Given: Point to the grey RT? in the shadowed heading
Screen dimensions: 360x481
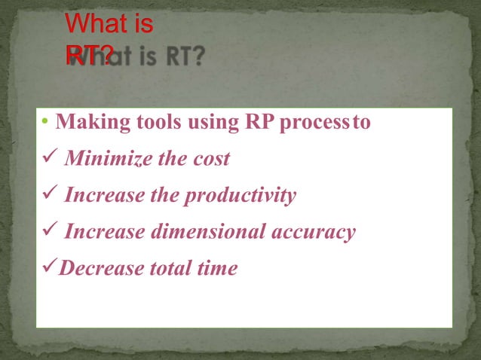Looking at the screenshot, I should [182, 57].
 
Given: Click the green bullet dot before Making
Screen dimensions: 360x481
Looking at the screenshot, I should [45, 123].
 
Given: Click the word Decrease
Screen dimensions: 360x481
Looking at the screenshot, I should [95, 267].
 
